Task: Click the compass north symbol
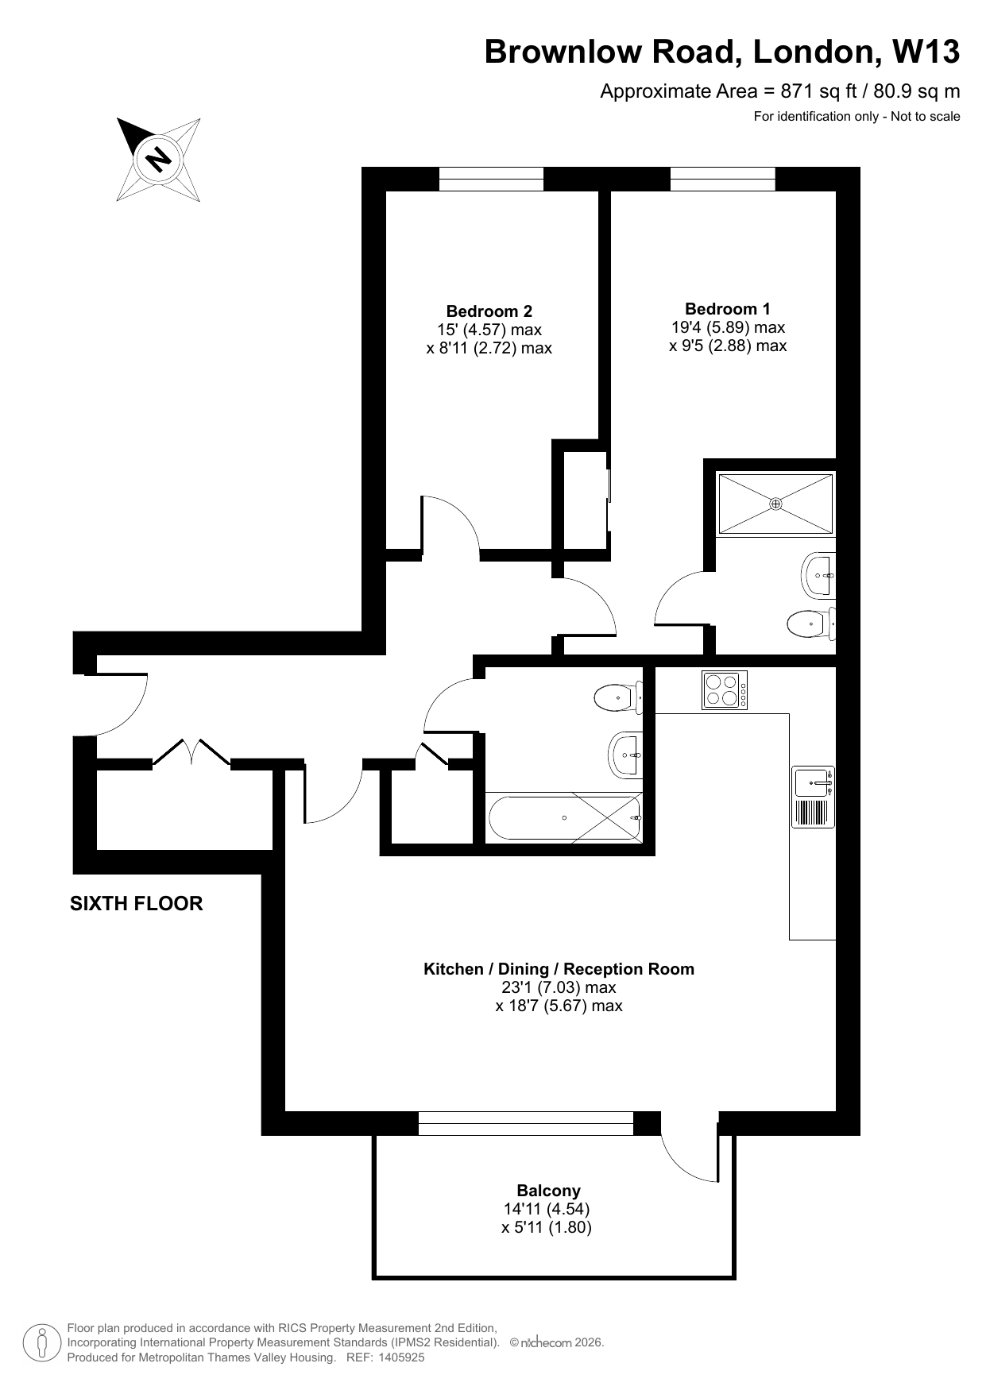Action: point(158,159)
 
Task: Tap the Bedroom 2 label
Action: point(489,311)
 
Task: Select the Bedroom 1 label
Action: point(728,309)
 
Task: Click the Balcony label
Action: point(548,1191)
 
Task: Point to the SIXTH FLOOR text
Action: point(137,904)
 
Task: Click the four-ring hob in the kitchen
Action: point(725,689)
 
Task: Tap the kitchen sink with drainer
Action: point(813,797)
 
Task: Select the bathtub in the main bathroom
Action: point(565,817)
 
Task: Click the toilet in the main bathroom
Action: point(618,697)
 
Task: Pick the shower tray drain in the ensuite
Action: point(775,504)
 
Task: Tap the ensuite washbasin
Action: point(818,575)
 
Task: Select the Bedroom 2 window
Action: point(491,179)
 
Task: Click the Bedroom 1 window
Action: point(722,179)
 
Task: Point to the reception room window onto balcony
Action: point(525,1123)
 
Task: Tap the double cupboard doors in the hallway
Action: point(191,752)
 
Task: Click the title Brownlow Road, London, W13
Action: point(722,52)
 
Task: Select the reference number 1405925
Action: point(400,1357)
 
